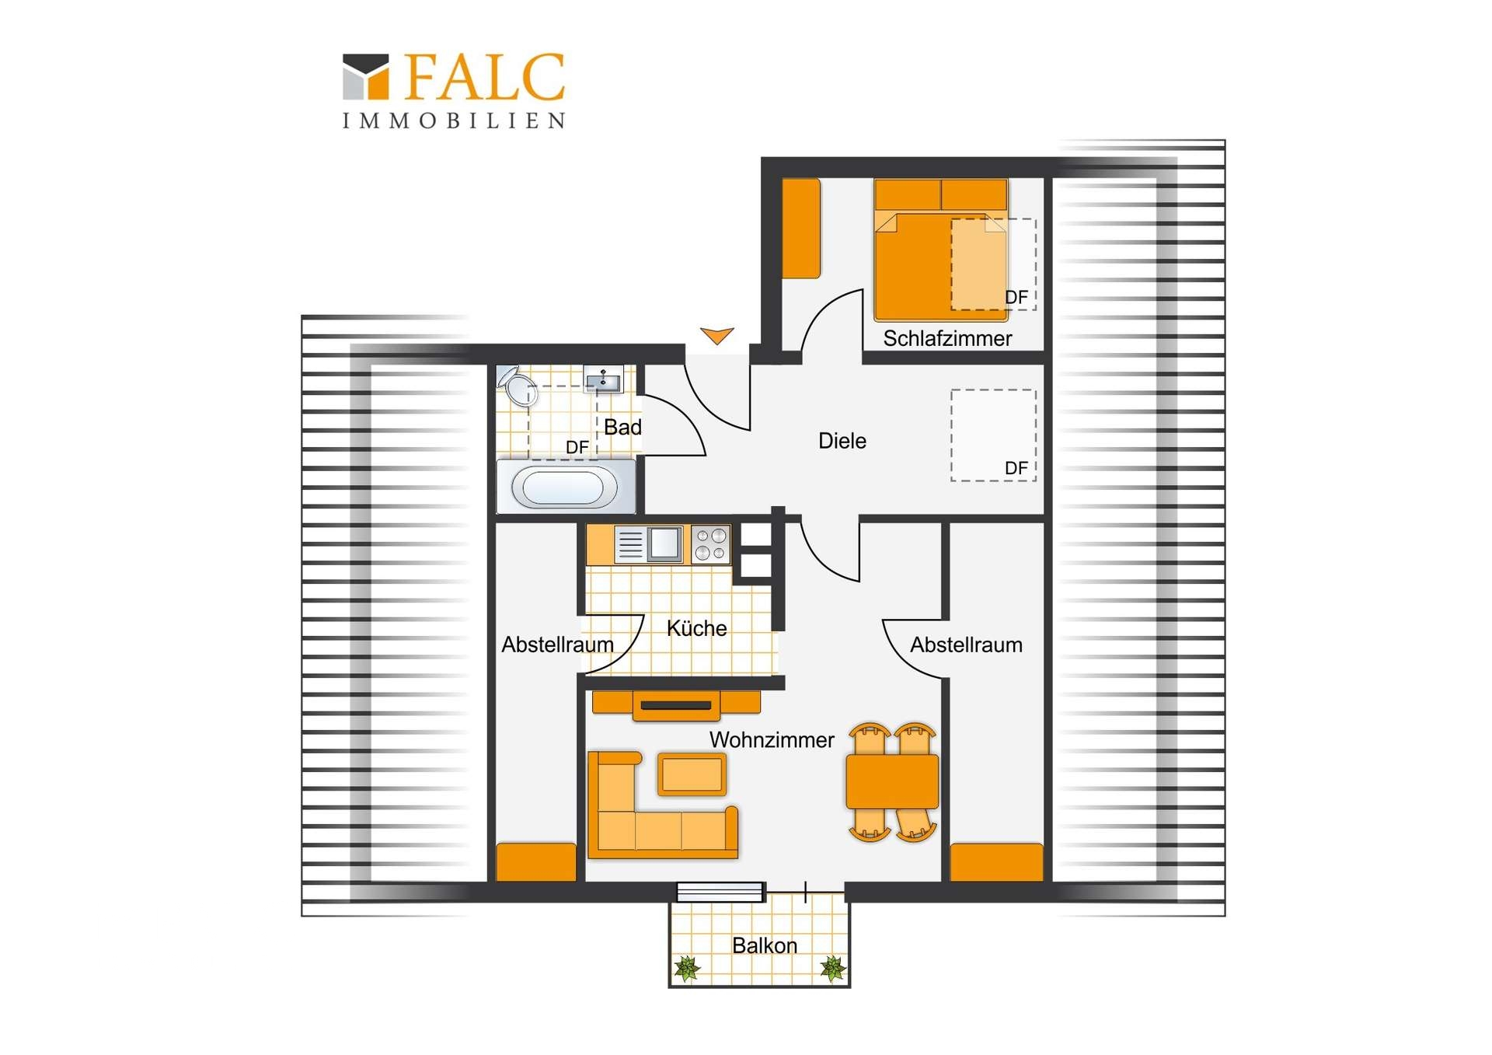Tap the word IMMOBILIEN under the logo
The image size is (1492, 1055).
click(x=455, y=121)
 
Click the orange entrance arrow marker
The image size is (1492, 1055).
click(x=716, y=336)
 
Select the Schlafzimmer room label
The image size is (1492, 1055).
click(x=947, y=339)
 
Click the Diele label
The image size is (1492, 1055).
click(x=842, y=441)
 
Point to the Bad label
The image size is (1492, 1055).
click(x=622, y=427)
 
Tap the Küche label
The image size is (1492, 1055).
click(x=697, y=628)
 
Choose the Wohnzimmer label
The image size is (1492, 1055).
click(x=772, y=740)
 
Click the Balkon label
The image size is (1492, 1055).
click(x=765, y=945)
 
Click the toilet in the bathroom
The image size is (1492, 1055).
click(x=517, y=385)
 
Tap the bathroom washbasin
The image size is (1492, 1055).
click(x=603, y=379)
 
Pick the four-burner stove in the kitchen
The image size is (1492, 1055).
click(x=711, y=544)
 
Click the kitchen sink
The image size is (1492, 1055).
click(x=649, y=544)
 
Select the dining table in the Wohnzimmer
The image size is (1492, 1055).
click(x=892, y=781)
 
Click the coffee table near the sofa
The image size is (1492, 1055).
click(x=692, y=774)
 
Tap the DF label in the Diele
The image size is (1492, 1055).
click(x=1016, y=468)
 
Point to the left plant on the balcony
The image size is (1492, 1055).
click(x=687, y=968)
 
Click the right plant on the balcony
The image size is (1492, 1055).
click(x=833, y=968)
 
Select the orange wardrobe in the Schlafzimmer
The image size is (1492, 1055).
click(x=801, y=229)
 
